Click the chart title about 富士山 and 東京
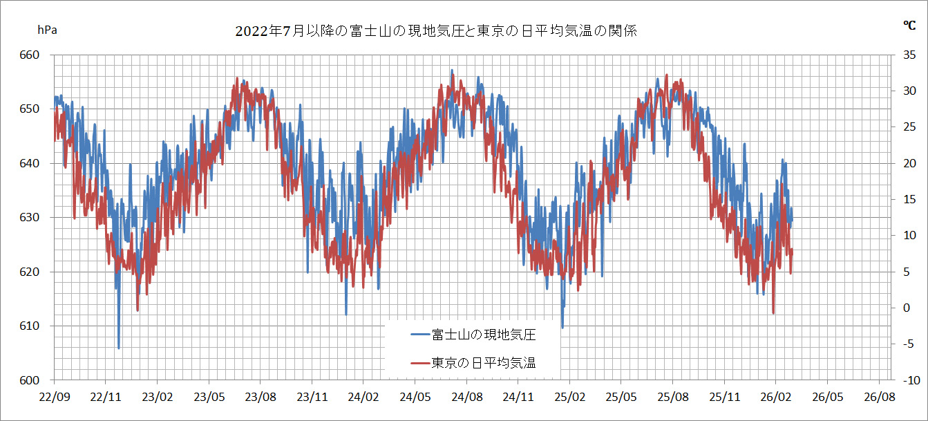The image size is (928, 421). click(435, 31)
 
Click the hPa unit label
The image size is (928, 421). click(47, 30)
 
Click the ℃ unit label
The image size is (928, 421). click(909, 26)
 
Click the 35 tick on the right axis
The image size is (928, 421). click(910, 55)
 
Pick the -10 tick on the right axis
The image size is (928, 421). click(909, 380)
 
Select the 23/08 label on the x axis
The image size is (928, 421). click(260, 397)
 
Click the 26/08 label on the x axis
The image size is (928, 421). click(878, 397)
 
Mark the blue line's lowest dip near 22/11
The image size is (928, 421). click(119, 348)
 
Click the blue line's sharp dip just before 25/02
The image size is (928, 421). click(562, 328)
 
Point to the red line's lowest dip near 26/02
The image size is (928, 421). click(773, 313)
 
